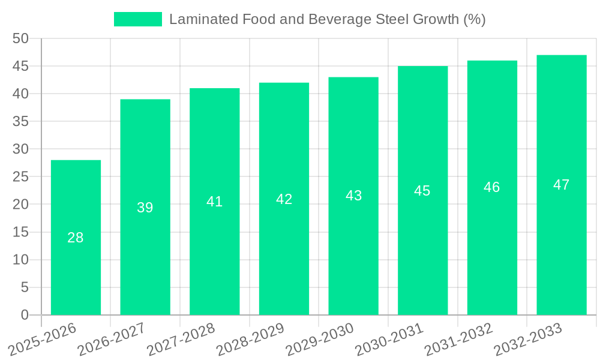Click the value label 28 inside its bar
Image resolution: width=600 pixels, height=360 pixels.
[76, 238]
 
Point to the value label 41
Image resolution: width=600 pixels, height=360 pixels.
[215, 202]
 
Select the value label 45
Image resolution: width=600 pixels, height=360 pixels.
[422, 191]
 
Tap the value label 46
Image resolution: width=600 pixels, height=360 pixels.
[492, 187]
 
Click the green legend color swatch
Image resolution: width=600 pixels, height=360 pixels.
[138, 19]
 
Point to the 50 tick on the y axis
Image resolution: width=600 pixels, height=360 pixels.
[20, 38]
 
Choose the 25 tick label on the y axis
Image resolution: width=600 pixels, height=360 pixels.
[20, 177]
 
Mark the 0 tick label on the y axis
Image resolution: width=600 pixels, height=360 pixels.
[25, 315]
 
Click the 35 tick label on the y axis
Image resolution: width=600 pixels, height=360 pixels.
[20, 121]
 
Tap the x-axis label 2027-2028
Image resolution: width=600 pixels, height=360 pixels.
[181, 339]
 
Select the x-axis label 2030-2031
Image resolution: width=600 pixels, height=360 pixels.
[389, 339]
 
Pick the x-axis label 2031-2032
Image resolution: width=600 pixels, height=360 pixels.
[458, 339]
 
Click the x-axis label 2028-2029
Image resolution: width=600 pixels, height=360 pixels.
[250, 339]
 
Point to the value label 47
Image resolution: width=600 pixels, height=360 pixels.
[562, 185]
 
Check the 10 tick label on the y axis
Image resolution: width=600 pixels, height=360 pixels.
[20, 260]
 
